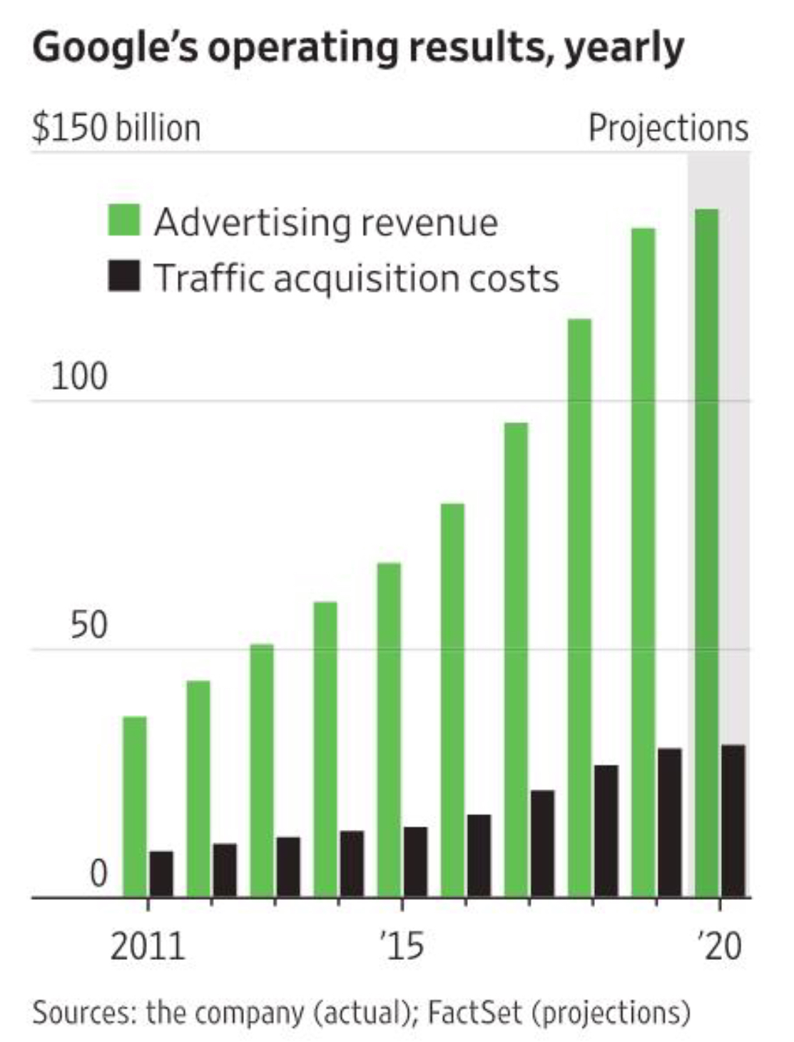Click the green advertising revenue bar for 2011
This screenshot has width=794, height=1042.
coord(135,806)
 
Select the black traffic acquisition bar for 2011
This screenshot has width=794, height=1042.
coord(161,874)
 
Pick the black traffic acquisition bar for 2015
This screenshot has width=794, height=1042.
coord(416,861)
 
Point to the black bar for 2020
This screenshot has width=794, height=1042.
coord(733,821)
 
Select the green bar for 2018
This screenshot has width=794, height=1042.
coord(580,607)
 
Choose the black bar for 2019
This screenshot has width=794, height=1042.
coord(670,822)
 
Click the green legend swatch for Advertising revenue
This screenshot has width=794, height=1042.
coord(124,220)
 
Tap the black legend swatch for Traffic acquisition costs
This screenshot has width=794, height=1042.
coord(124,276)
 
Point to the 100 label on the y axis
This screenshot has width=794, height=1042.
coord(79,377)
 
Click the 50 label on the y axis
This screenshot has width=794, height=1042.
coord(88,625)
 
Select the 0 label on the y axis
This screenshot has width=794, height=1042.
coord(98,874)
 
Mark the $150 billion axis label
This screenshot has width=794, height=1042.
coord(116,128)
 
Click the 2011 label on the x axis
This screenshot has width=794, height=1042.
coord(148,946)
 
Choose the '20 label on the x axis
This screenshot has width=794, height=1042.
coord(720,946)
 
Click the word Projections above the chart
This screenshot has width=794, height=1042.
coord(668,128)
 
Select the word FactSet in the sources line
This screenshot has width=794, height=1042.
coord(474,1013)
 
